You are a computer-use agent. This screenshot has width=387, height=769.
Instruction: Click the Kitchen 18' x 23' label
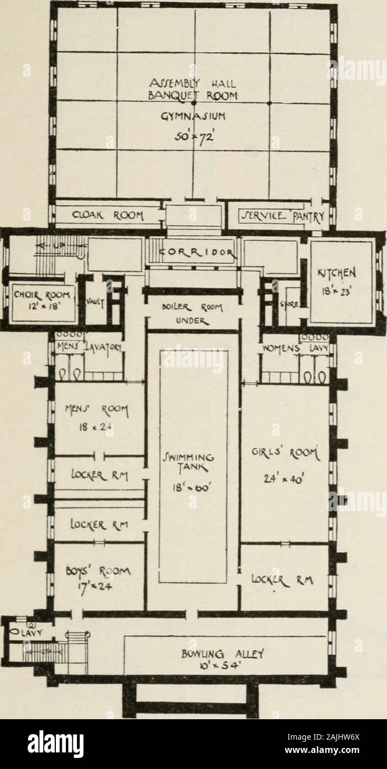point(339,280)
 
